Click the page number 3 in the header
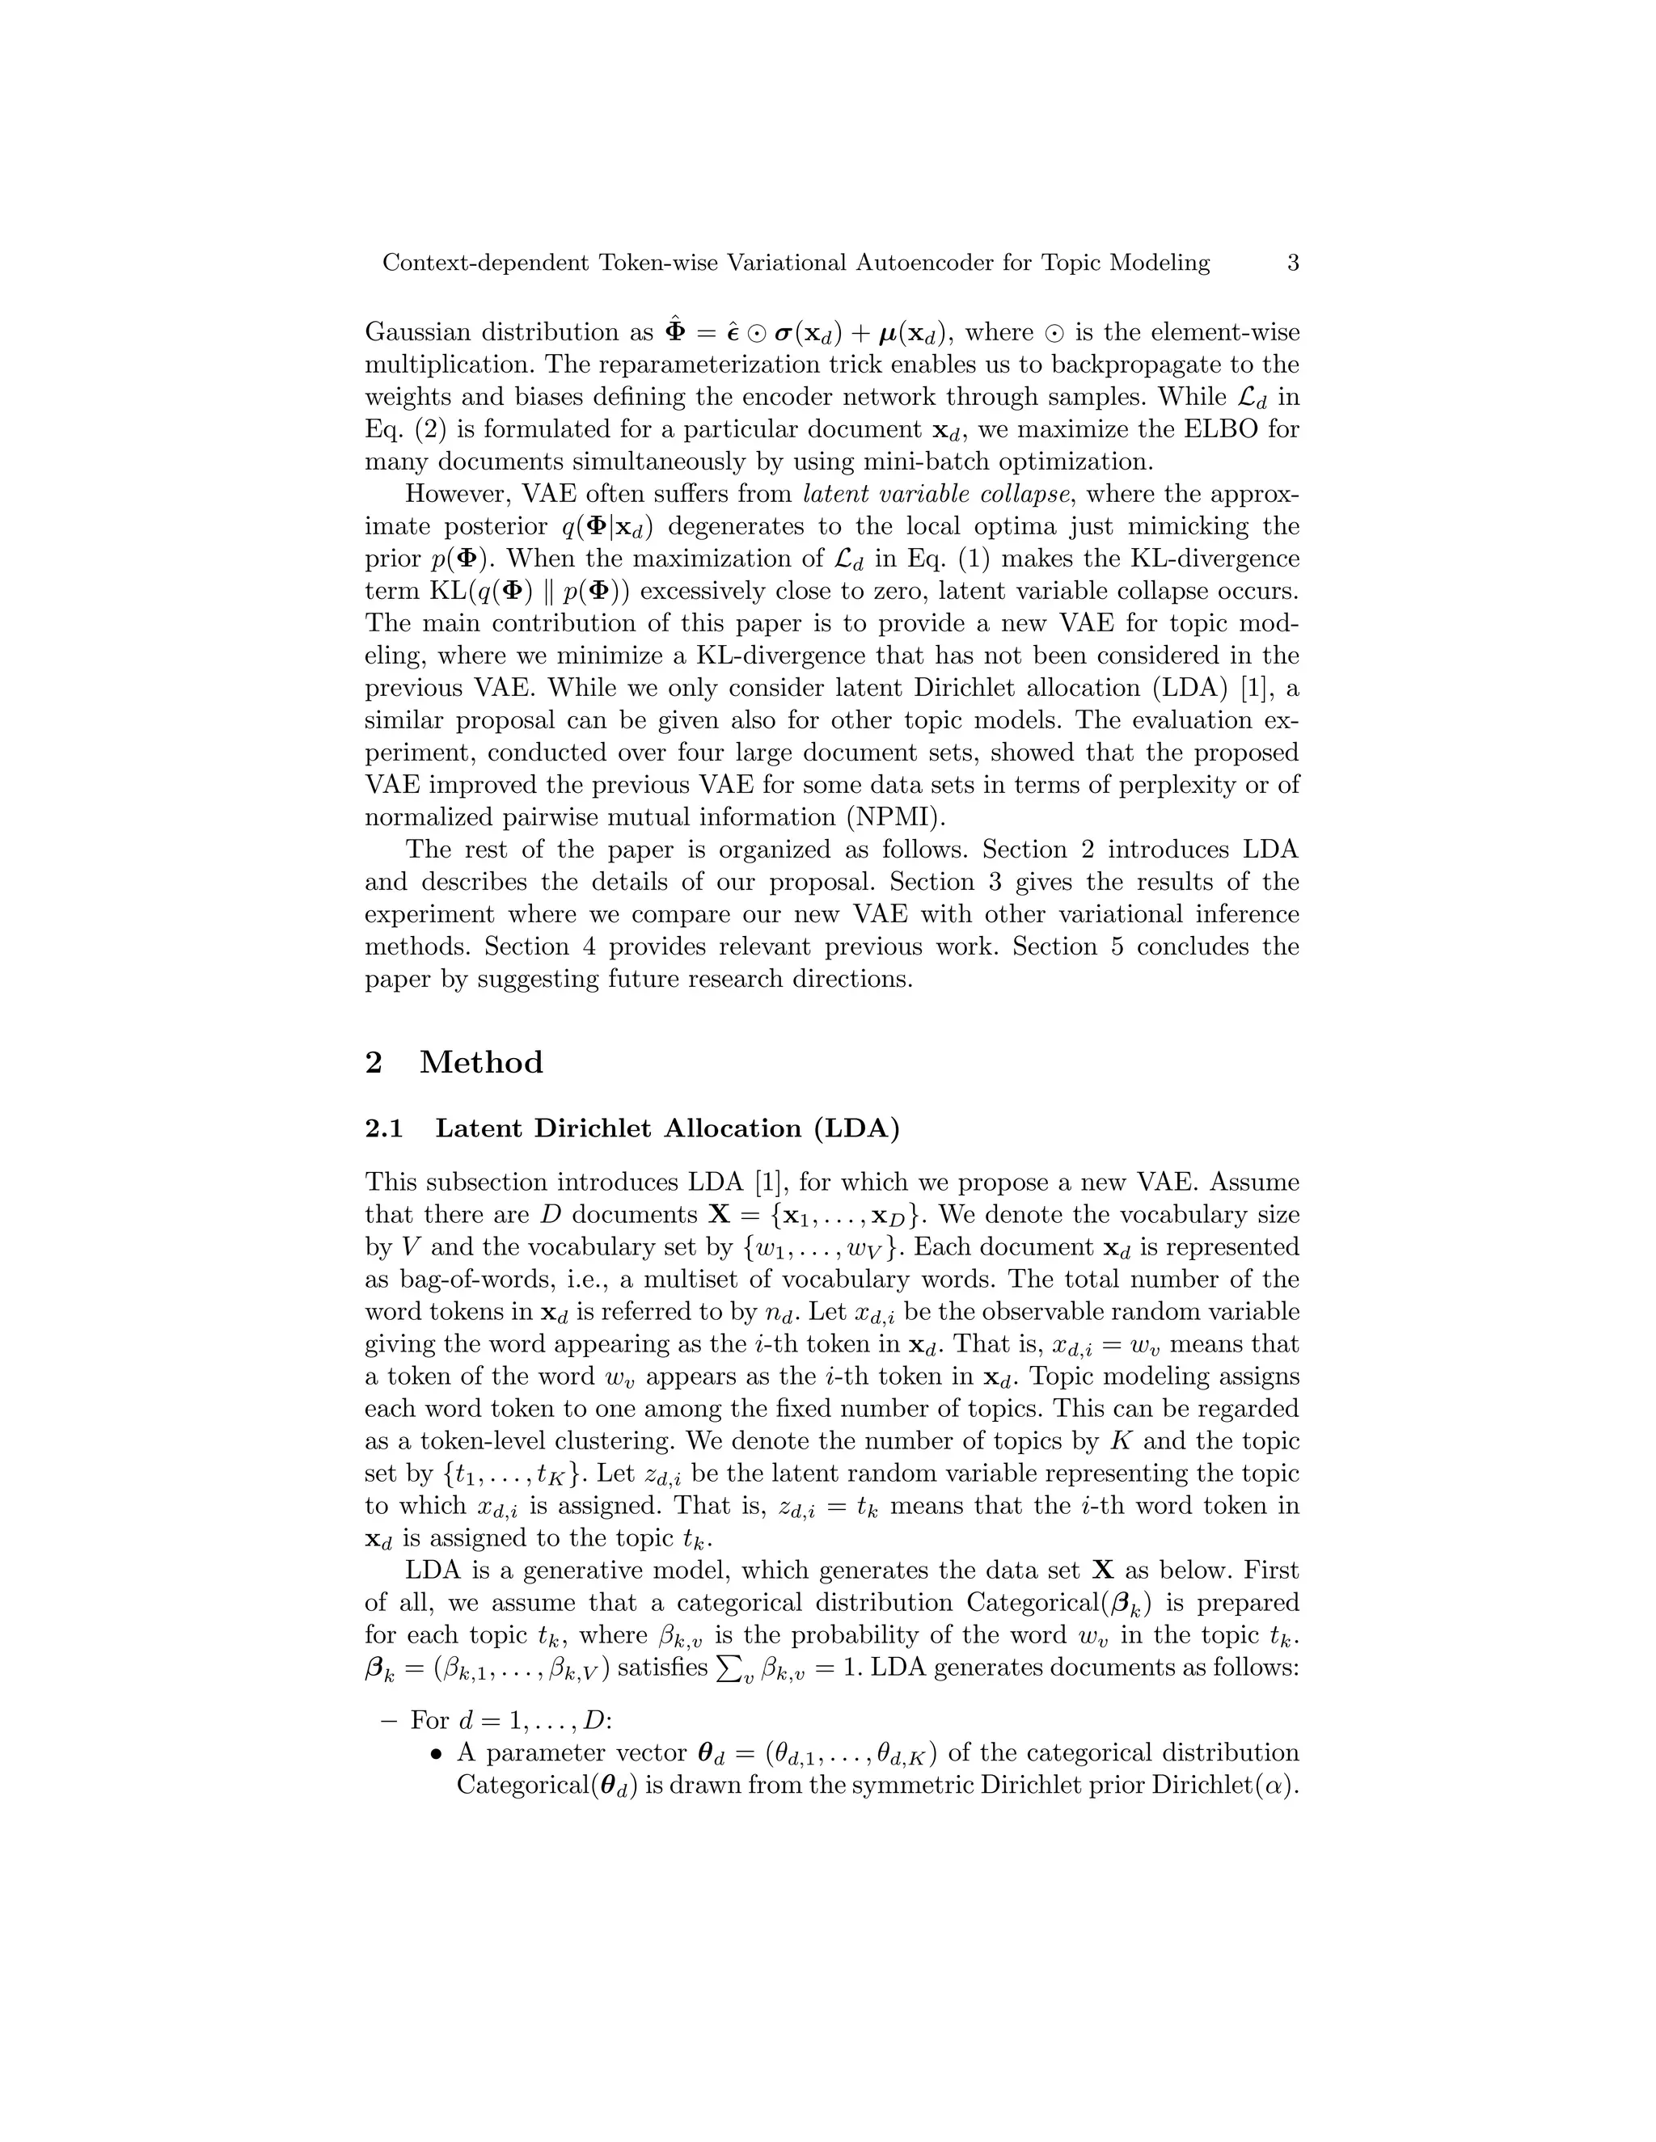tap(1292, 263)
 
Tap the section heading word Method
tap(481, 1062)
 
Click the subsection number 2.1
tap(383, 1129)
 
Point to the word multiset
tap(723, 1280)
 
